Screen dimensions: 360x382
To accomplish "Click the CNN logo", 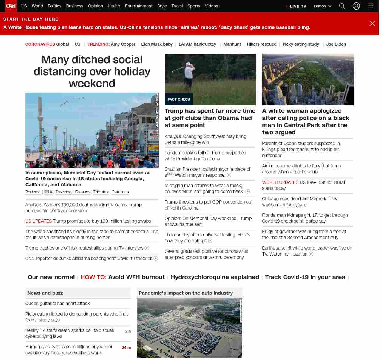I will (x=11, y=6).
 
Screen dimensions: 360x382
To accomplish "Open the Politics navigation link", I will (x=54, y=6).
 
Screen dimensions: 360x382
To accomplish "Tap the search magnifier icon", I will (x=342, y=6).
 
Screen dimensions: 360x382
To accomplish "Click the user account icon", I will (x=356, y=6).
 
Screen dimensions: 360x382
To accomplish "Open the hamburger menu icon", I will (x=371, y=6).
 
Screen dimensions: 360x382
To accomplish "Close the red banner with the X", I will (x=372, y=24).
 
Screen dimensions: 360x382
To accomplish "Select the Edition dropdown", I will (x=322, y=6).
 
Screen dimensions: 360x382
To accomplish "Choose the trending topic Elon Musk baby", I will (x=157, y=44).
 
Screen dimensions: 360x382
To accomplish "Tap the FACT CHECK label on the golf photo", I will (x=179, y=99).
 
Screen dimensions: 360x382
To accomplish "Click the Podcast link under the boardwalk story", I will (x=33, y=192).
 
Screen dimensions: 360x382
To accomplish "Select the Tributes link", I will (x=101, y=192).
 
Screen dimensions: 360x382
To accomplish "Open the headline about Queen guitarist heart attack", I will (x=58, y=304).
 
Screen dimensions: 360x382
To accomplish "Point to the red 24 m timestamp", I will (x=126, y=348).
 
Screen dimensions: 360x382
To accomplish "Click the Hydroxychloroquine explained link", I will (x=215, y=277).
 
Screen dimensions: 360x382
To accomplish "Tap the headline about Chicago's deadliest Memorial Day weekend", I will (x=300, y=202).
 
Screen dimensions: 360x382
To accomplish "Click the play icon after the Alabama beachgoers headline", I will (x=156, y=259).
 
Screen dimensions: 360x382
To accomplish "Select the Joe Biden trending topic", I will (x=336, y=44).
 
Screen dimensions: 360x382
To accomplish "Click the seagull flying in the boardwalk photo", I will (x=64, y=104).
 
